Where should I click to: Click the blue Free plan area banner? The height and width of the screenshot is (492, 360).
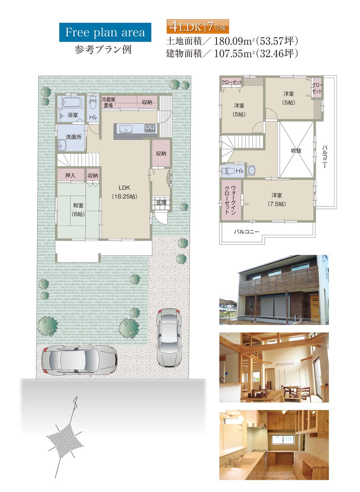click(105, 32)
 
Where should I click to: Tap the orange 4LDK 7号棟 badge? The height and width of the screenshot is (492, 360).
click(198, 27)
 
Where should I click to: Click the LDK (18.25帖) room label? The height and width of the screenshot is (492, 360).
click(125, 192)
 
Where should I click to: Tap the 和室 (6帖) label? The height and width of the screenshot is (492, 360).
click(78, 210)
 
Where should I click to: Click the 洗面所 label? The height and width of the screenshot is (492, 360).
click(73, 137)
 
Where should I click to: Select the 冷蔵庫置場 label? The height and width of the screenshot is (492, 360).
click(108, 102)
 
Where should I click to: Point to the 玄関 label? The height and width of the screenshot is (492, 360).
click(161, 202)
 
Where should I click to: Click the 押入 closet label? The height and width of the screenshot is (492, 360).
click(70, 176)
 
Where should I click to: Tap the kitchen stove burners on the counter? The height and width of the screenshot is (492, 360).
click(150, 128)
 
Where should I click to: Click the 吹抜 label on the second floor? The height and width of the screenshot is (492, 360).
click(296, 151)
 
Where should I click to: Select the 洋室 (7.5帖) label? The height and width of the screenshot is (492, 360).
click(276, 200)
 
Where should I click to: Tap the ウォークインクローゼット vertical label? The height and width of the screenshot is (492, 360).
click(230, 200)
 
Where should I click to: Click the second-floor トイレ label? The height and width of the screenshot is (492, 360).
click(239, 171)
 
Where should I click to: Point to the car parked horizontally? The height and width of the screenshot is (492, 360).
click(79, 360)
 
